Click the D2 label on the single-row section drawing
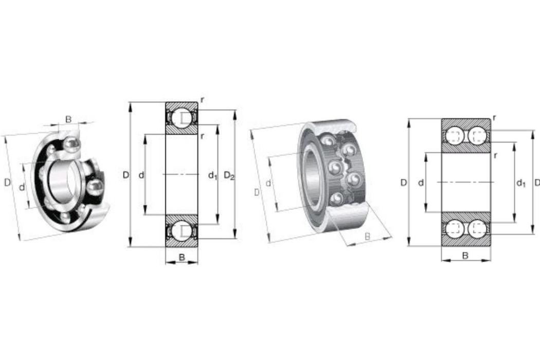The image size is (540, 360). click(229, 176)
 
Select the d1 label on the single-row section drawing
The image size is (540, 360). click(213, 176)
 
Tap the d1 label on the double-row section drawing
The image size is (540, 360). click(521, 183)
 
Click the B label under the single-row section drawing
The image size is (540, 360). click(182, 257)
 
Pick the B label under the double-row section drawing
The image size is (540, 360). click(465, 256)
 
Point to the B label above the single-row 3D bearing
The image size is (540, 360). click(68, 119)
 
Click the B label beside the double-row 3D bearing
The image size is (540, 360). click(368, 237)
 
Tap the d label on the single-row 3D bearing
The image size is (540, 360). click(22, 187)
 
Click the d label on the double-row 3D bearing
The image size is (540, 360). click(268, 183)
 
